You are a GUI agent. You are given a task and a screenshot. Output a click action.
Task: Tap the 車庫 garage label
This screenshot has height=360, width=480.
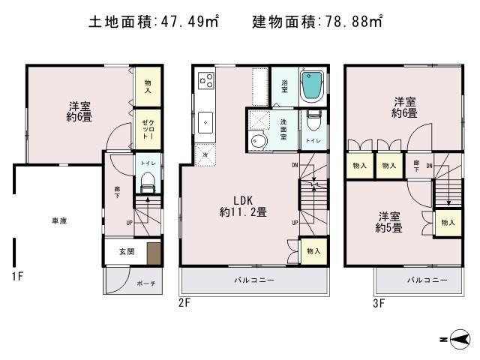pos(59,221)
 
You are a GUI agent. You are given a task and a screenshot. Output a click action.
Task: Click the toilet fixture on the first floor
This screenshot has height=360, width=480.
pos(147,180)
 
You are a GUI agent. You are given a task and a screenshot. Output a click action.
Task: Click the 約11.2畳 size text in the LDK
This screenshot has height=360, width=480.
pos(243,212)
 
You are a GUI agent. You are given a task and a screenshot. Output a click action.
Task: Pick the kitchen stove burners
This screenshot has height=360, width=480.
pos(205,79)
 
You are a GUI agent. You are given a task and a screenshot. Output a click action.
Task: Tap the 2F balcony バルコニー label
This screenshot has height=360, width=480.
pos(253,280)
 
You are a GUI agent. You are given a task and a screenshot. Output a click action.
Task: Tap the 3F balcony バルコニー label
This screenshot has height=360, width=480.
pos(428,280)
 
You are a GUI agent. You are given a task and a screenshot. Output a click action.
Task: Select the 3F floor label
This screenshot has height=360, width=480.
pos(379,303)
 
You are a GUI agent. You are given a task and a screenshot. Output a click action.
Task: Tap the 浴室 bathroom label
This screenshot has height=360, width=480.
pos(286,85)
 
